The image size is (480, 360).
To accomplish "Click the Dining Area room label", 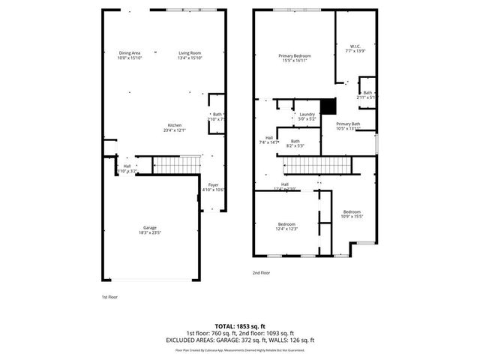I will click(x=130, y=52).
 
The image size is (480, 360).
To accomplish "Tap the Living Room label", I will click(x=190, y=52).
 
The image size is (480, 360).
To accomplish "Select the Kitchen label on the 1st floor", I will click(x=175, y=124).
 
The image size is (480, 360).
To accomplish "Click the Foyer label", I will click(x=214, y=184).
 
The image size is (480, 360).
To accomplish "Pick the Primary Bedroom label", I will click(x=294, y=57).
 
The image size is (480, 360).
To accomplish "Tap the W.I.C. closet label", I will click(x=354, y=46).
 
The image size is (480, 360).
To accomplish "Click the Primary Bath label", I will click(x=348, y=124).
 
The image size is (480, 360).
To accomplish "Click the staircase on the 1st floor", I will click(x=178, y=164).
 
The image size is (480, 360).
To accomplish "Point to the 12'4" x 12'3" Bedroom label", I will click(x=286, y=224).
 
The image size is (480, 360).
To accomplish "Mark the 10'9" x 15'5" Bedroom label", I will click(x=352, y=212).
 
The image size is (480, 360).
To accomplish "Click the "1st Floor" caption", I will click(x=109, y=297).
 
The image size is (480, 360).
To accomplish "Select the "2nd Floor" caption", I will click(x=262, y=273).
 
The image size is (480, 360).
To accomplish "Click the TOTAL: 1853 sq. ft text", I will click(x=240, y=326).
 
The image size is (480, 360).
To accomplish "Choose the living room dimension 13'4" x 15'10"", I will click(x=190, y=58).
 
